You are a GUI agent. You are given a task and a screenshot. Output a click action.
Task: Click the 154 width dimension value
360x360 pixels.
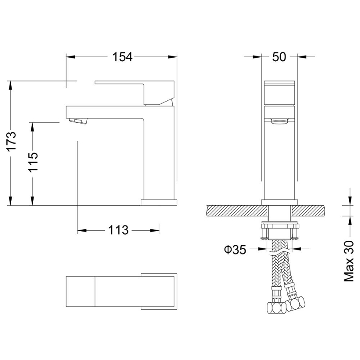point(122,57)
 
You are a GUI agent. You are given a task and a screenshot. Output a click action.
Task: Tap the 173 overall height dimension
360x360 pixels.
point(12,141)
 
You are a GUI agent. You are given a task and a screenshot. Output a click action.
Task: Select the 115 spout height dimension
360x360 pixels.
point(33,162)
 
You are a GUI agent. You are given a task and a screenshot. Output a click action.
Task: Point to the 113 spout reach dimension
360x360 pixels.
point(118,230)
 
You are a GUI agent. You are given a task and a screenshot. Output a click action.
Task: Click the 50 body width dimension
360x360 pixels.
point(279,57)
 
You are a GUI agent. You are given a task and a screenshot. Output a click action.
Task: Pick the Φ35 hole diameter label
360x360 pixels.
point(235,250)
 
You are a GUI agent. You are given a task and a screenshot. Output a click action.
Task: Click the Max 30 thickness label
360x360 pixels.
point(349,261)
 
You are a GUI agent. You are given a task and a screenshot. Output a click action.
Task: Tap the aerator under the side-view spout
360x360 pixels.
point(78,120)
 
